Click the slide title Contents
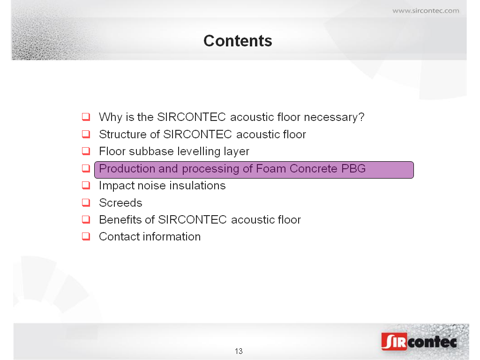[x=238, y=41]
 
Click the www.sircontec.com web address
[x=426, y=11]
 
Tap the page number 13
[x=239, y=351]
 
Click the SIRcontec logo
[x=419, y=341]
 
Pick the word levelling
[x=199, y=151]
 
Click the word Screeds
[x=120, y=202]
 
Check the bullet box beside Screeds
[x=86, y=202]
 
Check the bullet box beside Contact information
[x=86, y=236]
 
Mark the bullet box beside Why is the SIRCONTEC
[x=86, y=117]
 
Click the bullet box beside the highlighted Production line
[x=86, y=168]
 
